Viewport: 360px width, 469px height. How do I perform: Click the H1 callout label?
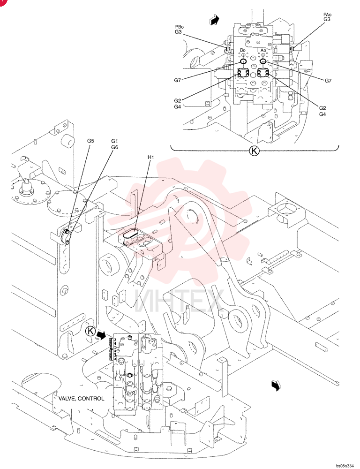(x=150, y=157)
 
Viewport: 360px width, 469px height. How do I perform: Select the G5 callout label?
(x=90, y=141)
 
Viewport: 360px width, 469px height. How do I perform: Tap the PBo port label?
(x=180, y=27)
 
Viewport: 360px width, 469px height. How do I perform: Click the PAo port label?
(x=327, y=15)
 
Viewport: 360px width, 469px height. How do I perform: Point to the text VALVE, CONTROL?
(x=82, y=399)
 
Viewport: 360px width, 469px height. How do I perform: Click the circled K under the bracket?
(x=254, y=151)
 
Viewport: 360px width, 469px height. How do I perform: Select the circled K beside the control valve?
(x=90, y=331)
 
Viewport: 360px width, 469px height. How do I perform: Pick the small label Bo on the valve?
(x=243, y=50)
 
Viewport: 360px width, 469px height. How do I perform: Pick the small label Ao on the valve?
(x=263, y=51)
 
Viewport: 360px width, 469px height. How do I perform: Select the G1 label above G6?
(x=114, y=141)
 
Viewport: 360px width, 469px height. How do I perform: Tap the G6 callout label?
(x=114, y=147)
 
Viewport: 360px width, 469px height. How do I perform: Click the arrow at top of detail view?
(x=214, y=20)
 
